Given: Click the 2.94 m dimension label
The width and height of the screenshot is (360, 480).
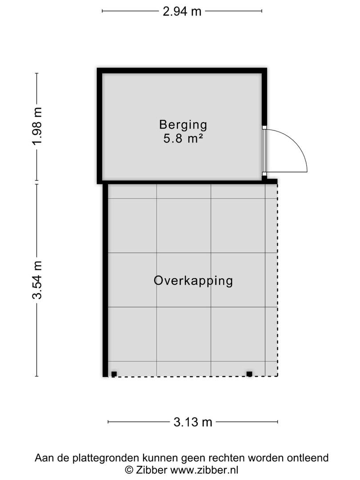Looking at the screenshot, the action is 182,11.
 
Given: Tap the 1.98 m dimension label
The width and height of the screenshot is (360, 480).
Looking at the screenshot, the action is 37,126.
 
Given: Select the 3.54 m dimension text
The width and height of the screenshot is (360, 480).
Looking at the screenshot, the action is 37,280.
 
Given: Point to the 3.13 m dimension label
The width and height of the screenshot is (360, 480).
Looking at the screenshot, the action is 193,422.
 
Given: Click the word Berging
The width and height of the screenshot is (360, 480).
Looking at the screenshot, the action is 183,125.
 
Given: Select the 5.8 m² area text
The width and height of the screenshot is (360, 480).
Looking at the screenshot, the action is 183,139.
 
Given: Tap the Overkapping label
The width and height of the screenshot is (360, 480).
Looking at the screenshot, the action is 193,281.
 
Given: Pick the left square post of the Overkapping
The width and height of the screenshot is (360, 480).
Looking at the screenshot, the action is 114,374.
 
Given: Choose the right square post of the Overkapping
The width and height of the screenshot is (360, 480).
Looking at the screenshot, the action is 249,374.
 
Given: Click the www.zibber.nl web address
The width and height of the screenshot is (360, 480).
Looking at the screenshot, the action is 204,470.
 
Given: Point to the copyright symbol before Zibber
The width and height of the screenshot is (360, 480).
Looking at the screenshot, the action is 129,470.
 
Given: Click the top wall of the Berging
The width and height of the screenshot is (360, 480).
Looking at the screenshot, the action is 182,70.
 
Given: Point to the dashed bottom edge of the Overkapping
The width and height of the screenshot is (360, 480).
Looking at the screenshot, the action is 195,376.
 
